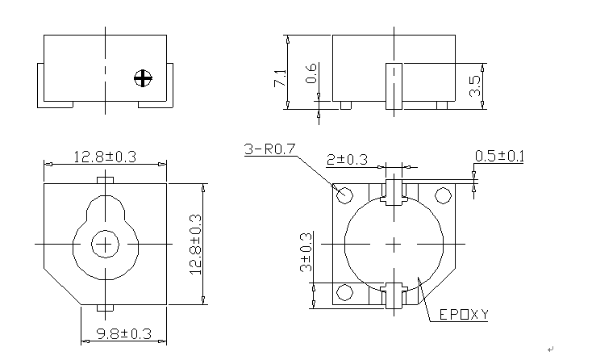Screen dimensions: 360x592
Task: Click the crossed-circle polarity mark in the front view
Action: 143,78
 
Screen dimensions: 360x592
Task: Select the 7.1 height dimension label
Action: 280,78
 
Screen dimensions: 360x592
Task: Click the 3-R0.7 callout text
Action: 271,150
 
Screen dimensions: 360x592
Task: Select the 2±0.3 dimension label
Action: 347,159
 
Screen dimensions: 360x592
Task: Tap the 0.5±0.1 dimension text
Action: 499,156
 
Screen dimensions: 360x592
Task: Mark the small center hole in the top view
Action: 104,243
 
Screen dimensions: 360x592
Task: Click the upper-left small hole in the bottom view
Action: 345,195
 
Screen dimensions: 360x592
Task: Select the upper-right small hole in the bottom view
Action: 442,195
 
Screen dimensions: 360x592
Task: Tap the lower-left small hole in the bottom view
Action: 345,291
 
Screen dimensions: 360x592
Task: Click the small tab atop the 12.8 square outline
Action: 104,179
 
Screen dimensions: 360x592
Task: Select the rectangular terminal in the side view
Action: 394,85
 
